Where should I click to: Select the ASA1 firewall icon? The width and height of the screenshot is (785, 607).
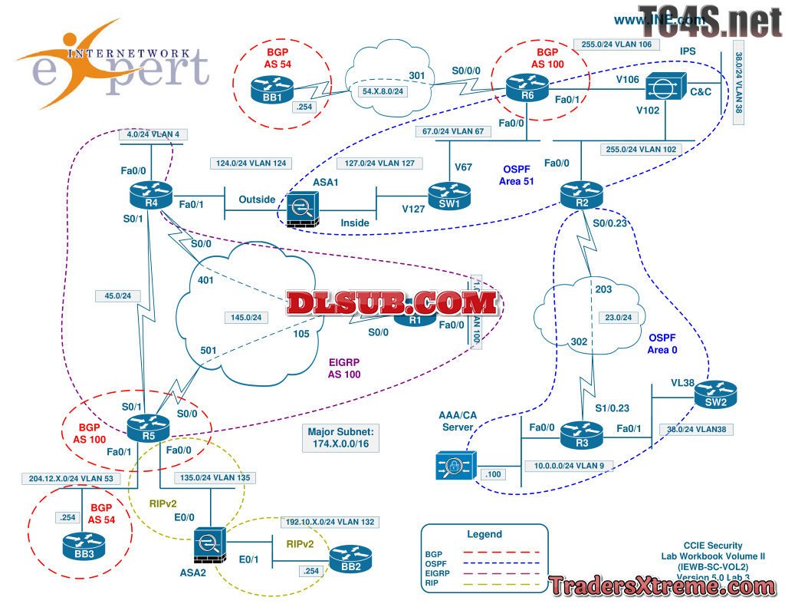click(x=301, y=208)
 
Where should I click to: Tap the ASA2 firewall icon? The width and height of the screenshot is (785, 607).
click(x=210, y=544)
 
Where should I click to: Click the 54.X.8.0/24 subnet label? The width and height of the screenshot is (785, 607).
click(x=378, y=91)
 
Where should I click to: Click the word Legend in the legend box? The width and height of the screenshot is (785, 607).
click(x=484, y=534)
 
